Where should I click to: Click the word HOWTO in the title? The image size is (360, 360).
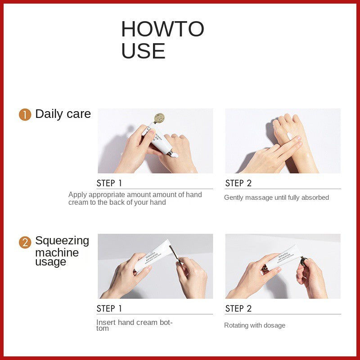pos(162,29)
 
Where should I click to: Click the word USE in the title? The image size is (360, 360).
pos(143,51)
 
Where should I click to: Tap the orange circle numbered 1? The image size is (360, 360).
pos(25,115)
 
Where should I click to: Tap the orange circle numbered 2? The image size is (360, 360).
pos(25,243)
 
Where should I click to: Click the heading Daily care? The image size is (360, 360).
pos(63,114)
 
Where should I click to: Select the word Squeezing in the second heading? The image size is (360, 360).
pos(62,241)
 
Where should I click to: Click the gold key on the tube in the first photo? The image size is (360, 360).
pos(159,118)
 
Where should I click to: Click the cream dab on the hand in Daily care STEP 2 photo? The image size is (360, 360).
pos(289,135)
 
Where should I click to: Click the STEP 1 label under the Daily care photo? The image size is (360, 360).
pos(109,183)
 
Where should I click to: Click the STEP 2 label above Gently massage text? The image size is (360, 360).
pos(238,183)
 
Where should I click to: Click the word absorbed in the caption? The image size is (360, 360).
pos(315,198)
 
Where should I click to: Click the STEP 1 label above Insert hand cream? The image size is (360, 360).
pos(109,309)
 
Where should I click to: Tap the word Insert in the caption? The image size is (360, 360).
pos(105,323)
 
